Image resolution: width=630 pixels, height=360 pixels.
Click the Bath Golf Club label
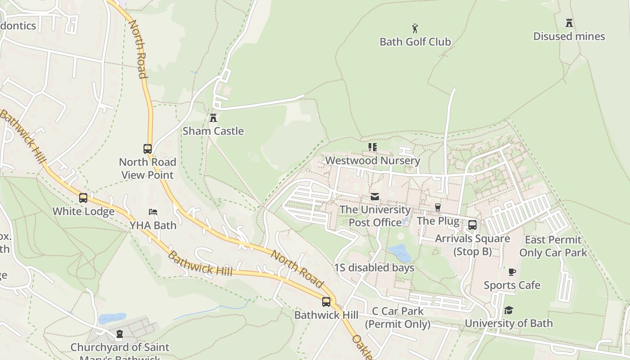415,42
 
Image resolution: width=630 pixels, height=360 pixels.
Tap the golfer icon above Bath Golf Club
415,29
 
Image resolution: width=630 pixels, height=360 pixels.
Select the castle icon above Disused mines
569,23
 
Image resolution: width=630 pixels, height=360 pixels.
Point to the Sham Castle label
213,131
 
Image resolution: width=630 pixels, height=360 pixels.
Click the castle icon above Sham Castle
213,118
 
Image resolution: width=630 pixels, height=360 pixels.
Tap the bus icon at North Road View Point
148,149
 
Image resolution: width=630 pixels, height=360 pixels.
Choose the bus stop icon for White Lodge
83,198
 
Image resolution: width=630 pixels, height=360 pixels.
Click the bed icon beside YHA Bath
153,212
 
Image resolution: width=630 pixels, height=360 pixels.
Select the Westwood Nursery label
373,161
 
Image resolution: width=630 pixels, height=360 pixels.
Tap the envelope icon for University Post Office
374,197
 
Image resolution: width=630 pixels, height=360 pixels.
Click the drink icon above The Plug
437,207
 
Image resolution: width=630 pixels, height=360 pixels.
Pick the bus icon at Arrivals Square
472,225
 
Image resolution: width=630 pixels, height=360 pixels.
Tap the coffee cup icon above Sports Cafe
512,272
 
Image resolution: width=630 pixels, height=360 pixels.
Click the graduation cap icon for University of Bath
508,310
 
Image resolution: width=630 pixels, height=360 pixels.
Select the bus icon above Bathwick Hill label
326,302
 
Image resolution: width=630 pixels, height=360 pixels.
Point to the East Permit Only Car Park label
553,246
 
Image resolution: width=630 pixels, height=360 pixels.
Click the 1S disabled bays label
374,268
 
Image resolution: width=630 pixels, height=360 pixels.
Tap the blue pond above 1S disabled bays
400,253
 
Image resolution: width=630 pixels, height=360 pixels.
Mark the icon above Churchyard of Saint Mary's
120,334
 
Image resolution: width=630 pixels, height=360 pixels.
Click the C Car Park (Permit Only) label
397,317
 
